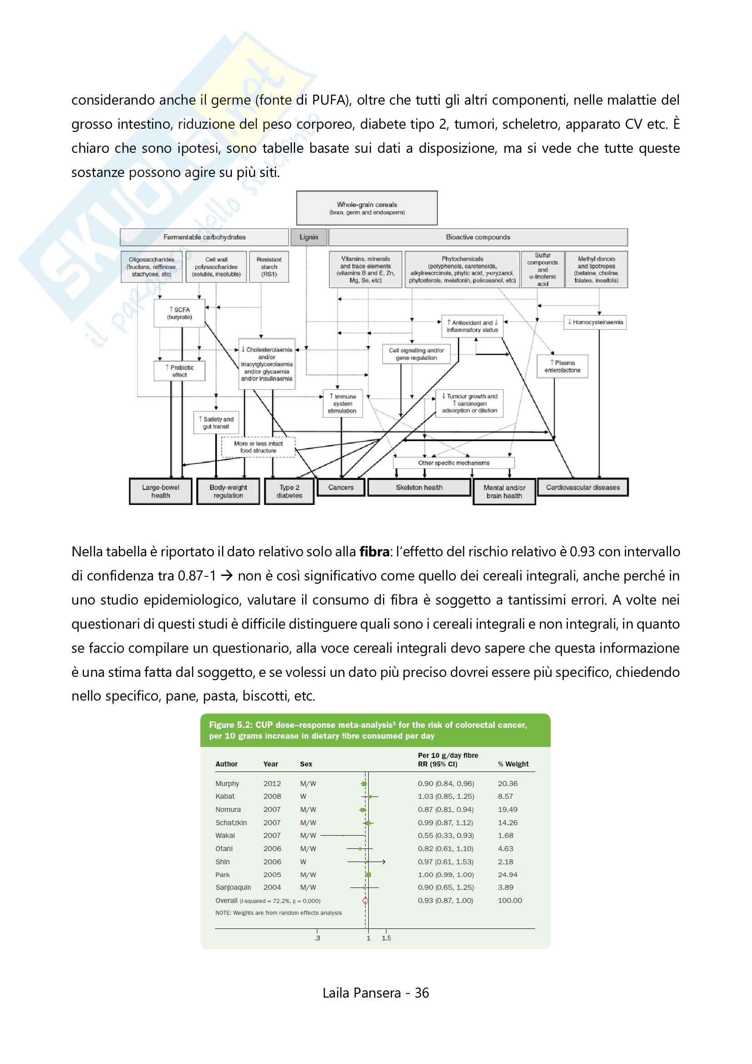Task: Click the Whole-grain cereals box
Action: click(x=367, y=208)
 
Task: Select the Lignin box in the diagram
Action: click(x=308, y=237)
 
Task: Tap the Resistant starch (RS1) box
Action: click(x=269, y=267)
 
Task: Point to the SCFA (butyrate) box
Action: click(x=180, y=313)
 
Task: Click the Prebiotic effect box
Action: click(x=180, y=371)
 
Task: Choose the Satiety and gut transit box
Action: click(x=216, y=423)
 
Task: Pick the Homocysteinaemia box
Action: click(x=595, y=322)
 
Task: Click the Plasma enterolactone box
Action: click(x=562, y=367)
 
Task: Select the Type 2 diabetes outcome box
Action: click(x=290, y=491)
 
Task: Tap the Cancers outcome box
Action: click(x=341, y=488)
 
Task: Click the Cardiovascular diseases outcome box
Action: click(x=582, y=488)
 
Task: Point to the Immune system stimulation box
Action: click(x=342, y=403)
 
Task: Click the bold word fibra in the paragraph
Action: click(x=374, y=552)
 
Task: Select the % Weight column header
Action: click(x=513, y=764)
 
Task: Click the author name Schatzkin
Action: click(x=231, y=822)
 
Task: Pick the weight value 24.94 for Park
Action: click(x=507, y=874)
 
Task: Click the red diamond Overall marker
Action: click(x=366, y=900)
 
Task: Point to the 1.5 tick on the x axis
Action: click(x=386, y=938)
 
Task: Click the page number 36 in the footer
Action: click(x=422, y=993)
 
